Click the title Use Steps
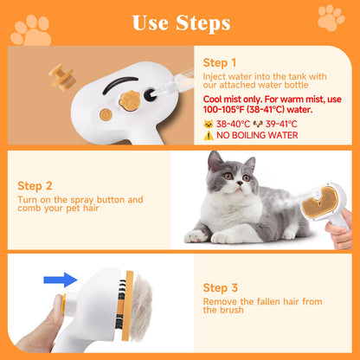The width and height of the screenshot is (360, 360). pos(181,22)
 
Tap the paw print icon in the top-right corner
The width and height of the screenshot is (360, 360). pos(331,17)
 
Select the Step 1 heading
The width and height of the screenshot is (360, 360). pos(219,63)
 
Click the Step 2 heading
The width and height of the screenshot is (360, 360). pos(35,185)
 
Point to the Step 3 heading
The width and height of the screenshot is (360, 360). pos(220,287)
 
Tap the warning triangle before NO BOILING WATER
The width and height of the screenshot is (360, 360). pos(207,136)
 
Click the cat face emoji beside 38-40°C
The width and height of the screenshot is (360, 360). pos(207,124)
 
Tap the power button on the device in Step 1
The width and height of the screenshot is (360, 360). pos(106,114)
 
